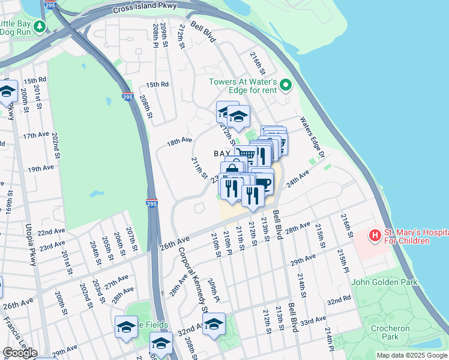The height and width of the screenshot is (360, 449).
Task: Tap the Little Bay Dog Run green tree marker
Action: click(x=40, y=26)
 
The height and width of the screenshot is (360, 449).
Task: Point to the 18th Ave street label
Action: click(x=179, y=142)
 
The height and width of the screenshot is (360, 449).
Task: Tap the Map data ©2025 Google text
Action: click(x=412, y=355)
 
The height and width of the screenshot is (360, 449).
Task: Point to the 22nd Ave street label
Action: click(x=51, y=232)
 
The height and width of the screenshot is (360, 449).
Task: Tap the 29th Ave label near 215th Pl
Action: click(x=303, y=259)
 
